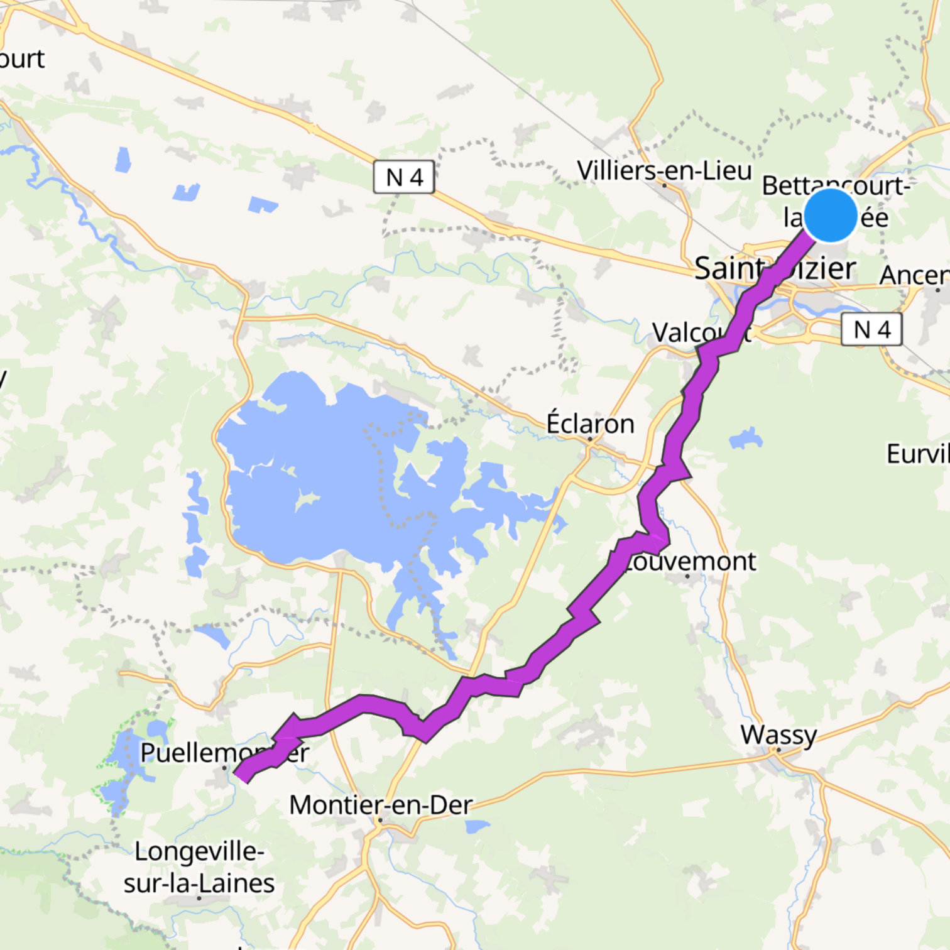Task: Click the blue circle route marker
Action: click(830, 215)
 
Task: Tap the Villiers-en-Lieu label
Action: click(664, 170)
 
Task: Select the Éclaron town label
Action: click(590, 423)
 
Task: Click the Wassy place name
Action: click(778, 734)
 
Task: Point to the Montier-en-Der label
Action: click(381, 805)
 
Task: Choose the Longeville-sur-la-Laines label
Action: click(199, 868)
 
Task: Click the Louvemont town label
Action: click(689, 561)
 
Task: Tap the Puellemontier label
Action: click(224, 752)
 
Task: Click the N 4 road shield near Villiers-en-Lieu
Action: click(404, 177)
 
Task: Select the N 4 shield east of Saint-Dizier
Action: click(871, 329)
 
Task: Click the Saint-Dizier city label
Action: click(775, 268)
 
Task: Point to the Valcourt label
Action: click(701, 332)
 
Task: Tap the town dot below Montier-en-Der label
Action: click(380, 820)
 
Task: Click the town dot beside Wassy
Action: click(778, 750)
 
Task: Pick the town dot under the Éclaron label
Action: click(591, 439)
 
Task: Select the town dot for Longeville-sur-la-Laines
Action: click(199, 898)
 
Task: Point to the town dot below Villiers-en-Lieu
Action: click(664, 185)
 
